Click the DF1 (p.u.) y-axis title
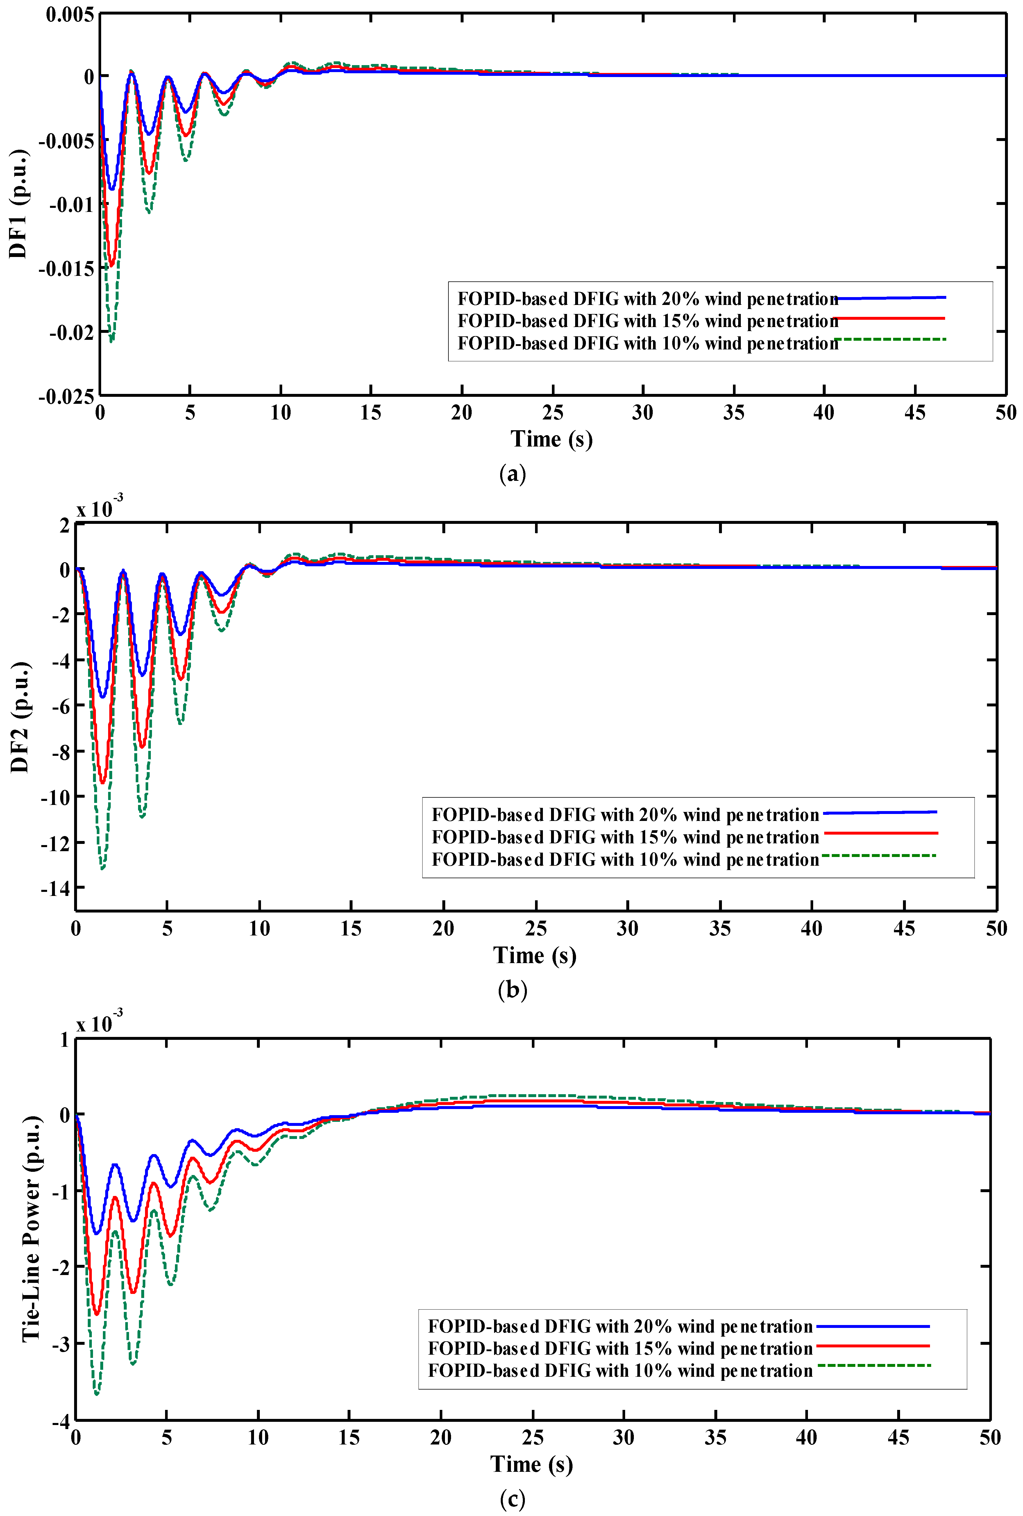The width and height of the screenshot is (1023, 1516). [x=18, y=203]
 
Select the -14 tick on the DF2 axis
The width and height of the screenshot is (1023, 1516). [x=55, y=888]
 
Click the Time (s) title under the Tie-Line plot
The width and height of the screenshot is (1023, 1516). [x=531, y=1464]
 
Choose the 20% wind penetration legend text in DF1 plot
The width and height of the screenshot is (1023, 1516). [x=647, y=299]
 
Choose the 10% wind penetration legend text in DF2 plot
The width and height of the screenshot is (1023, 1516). [x=625, y=860]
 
